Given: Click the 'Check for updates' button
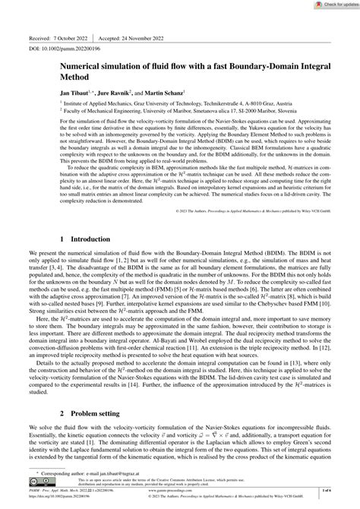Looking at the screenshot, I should (x=331, y=6).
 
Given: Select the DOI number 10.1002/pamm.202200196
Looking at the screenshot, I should (x=74, y=49).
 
